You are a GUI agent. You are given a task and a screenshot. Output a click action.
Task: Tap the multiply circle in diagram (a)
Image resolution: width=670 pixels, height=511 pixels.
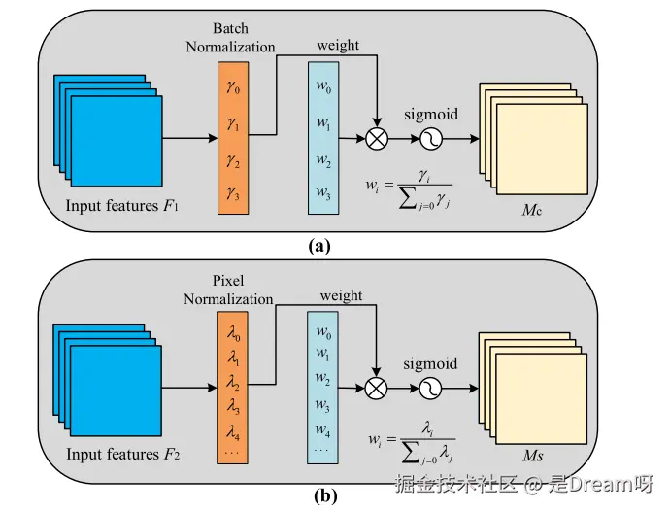377,140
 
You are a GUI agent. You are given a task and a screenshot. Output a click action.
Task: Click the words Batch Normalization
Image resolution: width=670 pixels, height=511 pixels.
231,38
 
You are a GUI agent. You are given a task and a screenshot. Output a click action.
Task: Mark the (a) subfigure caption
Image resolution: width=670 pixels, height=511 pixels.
320,246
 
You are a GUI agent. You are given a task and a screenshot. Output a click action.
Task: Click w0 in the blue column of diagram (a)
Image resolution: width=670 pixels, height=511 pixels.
323,88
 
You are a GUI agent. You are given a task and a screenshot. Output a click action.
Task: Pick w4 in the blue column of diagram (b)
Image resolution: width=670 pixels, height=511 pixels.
323,431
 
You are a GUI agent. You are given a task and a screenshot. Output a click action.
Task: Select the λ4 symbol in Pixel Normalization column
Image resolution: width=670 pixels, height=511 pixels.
233,431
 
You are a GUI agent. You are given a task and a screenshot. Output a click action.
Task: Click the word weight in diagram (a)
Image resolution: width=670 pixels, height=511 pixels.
339,45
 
